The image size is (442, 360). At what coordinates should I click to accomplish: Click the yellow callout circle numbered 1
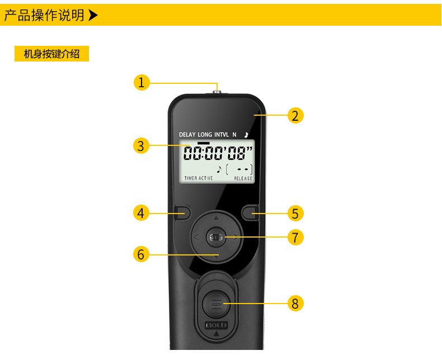tap(142, 83)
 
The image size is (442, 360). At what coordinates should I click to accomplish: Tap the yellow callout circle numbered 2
tap(295, 116)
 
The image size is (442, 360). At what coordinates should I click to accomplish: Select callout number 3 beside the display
tap(141, 146)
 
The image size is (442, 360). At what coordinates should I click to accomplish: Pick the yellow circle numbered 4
tap(141, 213)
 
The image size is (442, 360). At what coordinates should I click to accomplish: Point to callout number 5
tap(295, 213)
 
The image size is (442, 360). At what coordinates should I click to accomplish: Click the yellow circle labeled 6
tap(141, 254)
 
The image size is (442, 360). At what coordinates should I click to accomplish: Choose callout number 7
tap(295, 237)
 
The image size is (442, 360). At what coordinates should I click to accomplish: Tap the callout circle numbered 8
tap(295, 304)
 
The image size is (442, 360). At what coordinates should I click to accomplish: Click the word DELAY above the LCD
tap(187, 135)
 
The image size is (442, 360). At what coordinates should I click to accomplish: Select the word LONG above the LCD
tap(205, 135)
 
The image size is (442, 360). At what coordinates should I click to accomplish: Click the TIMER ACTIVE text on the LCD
tap(199, 178)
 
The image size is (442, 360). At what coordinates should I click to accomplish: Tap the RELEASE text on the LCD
tap(243, 178)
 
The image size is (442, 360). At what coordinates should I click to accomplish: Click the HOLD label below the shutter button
tap(216, 325)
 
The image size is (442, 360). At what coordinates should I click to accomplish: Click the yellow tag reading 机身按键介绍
tap(51, 54)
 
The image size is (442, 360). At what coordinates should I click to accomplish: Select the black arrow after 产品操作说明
tap(93, 15)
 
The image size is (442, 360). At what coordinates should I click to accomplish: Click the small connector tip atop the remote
tap(217, 88)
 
